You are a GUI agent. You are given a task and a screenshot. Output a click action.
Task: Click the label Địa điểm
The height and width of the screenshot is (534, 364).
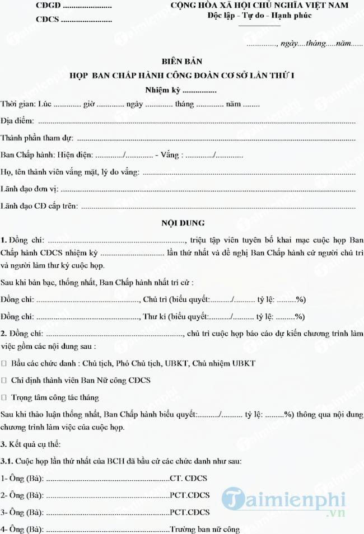(x=17, y=121)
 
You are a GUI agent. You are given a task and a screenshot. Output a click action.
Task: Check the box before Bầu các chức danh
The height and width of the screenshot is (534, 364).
(x=4, y=363)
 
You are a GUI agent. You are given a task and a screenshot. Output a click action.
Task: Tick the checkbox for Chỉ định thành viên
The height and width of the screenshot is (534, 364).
(x=4, y=380)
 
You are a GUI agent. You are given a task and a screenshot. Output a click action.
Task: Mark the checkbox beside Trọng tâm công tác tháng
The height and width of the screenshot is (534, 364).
(x=4, y=397)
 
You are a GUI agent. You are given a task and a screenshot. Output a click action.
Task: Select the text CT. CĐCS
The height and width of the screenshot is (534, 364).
(x=189, y=479)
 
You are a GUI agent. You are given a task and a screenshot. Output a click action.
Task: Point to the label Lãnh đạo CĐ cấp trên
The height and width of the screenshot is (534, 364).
(x=39, y=207)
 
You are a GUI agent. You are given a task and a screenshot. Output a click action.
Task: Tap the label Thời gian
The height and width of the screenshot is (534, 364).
(x=18, y=104)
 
